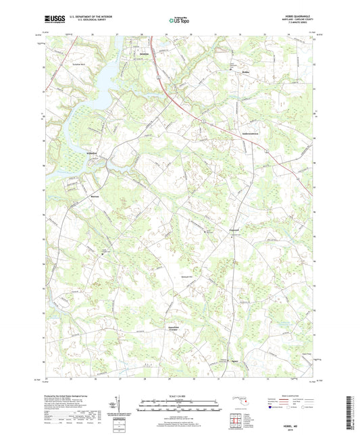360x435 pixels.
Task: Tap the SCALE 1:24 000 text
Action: tap(179, 395)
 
